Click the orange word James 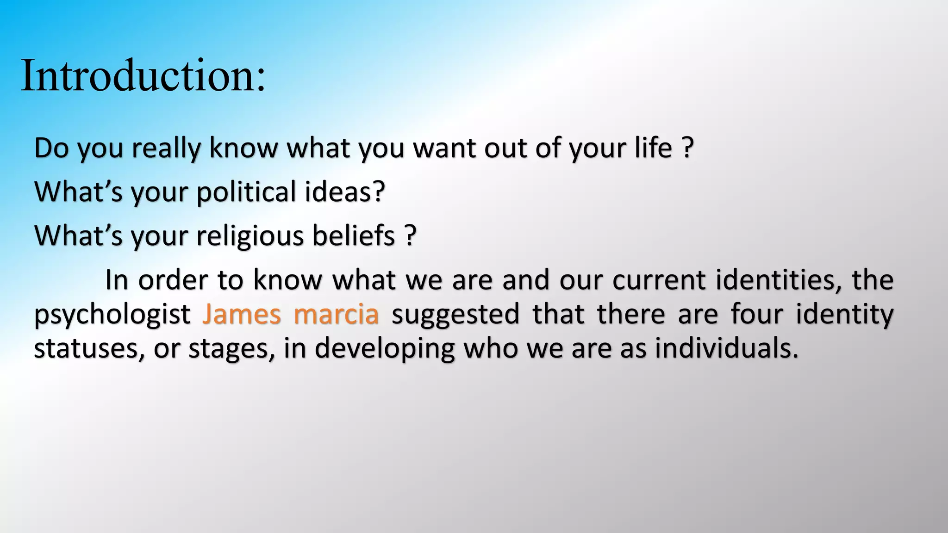click(x=242, y=314)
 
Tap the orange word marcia click(x=336, y=314)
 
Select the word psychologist click(x=112, y=315)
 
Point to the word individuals click(x=727, y=348)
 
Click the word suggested click(x=455, y=315)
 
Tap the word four click(x=757, y=314)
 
